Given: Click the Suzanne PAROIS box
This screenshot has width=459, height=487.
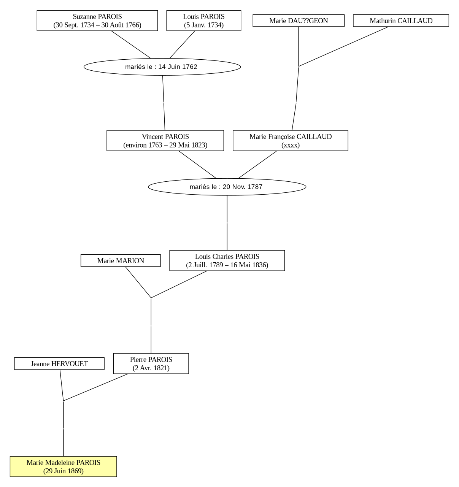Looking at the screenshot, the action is tap(97, 21).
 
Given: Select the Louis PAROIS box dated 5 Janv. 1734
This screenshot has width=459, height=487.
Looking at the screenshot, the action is tap(203, 21).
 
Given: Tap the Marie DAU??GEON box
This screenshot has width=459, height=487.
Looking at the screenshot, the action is tap(299, 21).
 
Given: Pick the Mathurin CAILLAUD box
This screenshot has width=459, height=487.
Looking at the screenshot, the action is tap(401, 21).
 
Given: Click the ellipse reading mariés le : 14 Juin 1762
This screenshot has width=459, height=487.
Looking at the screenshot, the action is tap(162, 67).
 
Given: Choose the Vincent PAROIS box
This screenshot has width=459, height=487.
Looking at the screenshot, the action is tap(165, 141).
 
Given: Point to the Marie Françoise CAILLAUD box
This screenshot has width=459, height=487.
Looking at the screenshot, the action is tap(291, 141).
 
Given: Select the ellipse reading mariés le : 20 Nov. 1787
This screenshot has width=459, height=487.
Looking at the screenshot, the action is tap(227, 187).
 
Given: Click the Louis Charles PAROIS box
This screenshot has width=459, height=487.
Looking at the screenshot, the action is tap(227, 260).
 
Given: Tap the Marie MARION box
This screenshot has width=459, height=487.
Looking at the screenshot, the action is tap(121, 260).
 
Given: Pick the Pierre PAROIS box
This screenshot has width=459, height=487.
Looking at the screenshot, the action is tap(151, 363).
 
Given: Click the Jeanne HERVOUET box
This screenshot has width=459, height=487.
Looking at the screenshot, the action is tap(59, 363).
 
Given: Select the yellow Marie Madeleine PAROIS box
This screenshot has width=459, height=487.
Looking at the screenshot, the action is tap(63, 466).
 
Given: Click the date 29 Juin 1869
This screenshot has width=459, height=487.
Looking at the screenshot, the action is tap(63, 471).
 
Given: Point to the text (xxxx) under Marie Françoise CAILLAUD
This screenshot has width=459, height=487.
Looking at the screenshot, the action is tap(291, 145).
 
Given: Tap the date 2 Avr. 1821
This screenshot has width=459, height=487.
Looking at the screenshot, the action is tap(151, 368).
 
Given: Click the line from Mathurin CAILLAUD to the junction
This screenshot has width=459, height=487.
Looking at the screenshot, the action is tap(343, 46).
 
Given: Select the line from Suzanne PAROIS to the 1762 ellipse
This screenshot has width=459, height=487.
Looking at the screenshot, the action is tap(131, 44).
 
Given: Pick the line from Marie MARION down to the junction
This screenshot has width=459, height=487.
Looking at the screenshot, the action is tap(138, 282).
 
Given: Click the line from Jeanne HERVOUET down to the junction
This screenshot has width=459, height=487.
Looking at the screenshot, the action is tap(62, 385).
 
